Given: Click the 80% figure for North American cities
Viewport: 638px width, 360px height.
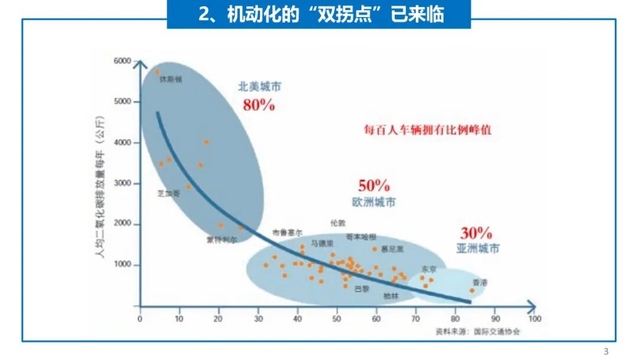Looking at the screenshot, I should tap(259, 105).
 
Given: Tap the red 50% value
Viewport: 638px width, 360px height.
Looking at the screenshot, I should tap(374, 185).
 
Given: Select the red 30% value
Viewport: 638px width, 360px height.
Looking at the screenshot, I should tap(477, 233).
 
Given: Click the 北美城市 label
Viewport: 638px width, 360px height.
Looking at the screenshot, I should tap(259, 86).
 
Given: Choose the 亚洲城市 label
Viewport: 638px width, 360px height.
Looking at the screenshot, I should tap(478, 248).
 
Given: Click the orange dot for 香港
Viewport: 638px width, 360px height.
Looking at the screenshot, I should tap(471, 290).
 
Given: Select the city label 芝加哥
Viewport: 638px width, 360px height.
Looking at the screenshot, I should tap(168, 193).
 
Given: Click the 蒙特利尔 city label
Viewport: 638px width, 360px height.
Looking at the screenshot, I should tap(222, 240).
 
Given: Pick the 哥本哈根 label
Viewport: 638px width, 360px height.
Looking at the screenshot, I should tap(360, 236).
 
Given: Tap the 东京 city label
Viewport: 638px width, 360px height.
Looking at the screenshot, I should tap(429, 269).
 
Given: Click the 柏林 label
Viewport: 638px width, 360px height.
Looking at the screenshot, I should tap(390, 296).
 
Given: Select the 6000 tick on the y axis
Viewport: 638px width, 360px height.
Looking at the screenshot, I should tap(122, 61).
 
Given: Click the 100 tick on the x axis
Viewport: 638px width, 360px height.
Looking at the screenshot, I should tap(534, 319).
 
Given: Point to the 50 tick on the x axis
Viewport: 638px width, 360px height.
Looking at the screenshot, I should tap(337, 319).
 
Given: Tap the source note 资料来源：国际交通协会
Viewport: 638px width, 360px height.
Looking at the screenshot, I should tap(478, 331).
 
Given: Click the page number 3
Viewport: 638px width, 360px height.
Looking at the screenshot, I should tap(605, 351).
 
